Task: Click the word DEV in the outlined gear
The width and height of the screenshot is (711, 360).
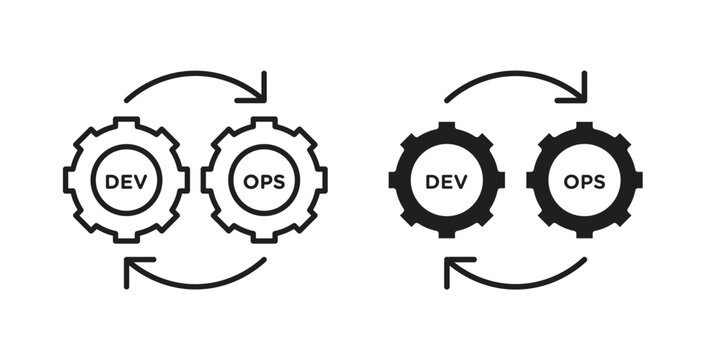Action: pyautogui.click(x=127, y=181)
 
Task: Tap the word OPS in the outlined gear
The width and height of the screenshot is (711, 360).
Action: pyautogui.click(x=264, y=181)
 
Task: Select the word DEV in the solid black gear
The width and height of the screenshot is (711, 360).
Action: pyautogui.click(x=447, y=181)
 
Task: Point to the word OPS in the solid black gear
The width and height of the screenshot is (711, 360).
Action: pyautogui.click(x=584, y=181)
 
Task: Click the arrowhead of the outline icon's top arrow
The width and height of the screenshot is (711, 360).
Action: pyautogui.click(x=261, y=89)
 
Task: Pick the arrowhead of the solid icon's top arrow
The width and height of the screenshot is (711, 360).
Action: pyautogui.click(x=580, y=89)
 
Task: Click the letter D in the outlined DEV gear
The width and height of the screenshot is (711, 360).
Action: pyautogui.click(x=112, y=181)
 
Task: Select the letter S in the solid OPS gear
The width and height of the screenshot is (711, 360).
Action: pyautogui.click(x=599, y=181)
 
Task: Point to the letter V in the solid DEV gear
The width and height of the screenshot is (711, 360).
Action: pyautogui.click(x=461, y=181)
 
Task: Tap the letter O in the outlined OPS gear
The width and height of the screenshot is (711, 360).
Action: pyautogui.click(x=249, y=181)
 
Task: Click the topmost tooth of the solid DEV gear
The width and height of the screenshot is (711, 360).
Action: pyautogui.click(x=447, y=127)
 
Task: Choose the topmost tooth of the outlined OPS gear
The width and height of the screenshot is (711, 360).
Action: pyautogui.click(x=264, y=123)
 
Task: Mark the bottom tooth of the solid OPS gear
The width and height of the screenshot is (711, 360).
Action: pyautogui.click(x=584, y=235)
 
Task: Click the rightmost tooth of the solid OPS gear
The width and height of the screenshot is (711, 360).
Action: pyautogui.click(x=637, y=181)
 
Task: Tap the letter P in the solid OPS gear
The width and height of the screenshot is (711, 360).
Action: pyautogui.click(x=584, y=181)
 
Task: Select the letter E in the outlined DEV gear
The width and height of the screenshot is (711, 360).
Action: pyautogui.click(x=127, y=181)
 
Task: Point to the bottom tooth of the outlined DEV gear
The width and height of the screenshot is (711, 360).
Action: pyautogui.click(x=127, y=237)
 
